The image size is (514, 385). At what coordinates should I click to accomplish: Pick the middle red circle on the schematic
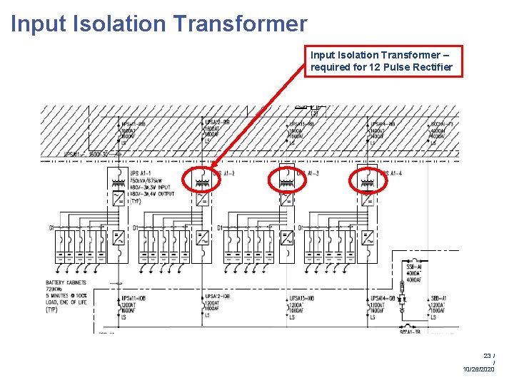pyautogui.click(x=286, y=182)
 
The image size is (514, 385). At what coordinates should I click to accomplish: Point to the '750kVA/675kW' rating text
pyautogui.click(x=146, y=180)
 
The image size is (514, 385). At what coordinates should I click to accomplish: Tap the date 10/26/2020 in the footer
pyautogui.click(x=478, y=369)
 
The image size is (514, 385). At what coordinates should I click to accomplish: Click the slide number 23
pyautogui.click(x=487, y=355)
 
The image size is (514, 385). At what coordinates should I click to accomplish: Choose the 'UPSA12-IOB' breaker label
pyautogui.click(x=218, y=297)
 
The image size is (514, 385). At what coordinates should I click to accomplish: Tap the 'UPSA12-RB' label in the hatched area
pyautogui.click(x=218, y=123)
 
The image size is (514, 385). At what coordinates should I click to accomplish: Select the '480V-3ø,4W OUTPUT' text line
pyautogui.click(x=152, y=194)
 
